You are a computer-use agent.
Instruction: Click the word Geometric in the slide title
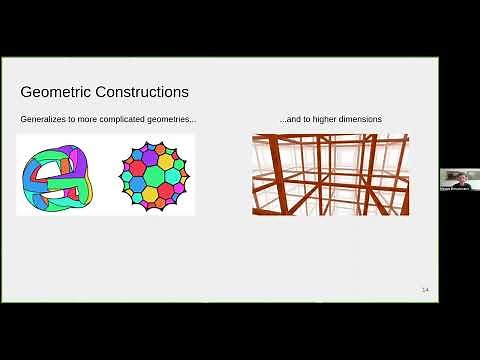coord(55,92)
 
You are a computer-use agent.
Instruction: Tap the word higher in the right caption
coord(322,120)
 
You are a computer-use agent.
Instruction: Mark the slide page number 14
coord(425,290)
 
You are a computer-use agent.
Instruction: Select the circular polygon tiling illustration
coord(154,175)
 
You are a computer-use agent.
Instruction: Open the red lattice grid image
coord(330,174)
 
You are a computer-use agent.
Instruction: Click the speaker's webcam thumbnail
coord(455,178)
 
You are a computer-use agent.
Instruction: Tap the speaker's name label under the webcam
coord(455,188)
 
